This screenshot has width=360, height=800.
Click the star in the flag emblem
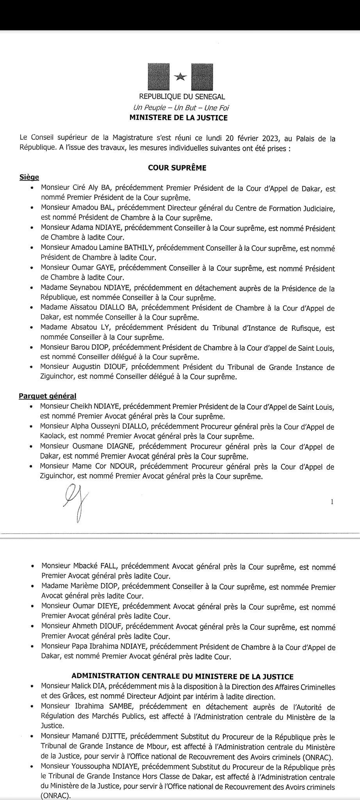pos(180,77)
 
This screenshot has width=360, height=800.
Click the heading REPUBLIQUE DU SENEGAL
pos(182,97)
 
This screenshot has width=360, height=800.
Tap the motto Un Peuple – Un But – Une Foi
pos(181,107)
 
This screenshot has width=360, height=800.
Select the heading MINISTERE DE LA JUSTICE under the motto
pos(178,117)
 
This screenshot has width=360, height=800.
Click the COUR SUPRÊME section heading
pos(177,168)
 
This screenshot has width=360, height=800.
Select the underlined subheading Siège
pos(29,177)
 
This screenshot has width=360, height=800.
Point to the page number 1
pos(332,502)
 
